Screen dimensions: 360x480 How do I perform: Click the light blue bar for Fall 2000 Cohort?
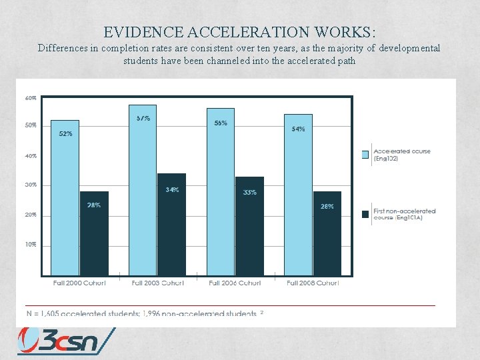[x=65, y=200]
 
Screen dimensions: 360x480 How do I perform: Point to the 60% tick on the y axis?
[x=31, y=98]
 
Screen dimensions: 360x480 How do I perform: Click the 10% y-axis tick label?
[x=31, y=245]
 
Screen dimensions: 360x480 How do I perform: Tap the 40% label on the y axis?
[x=31, y=156]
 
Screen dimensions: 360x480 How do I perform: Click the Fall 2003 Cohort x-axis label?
[x=157, y=283]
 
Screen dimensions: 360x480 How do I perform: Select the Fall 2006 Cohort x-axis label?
[x=235, y=283]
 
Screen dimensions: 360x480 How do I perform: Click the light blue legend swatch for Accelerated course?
[x=365, y=155]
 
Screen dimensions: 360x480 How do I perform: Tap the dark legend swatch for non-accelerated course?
[x=365, y=214]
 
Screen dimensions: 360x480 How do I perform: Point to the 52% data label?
[x=65, y=134]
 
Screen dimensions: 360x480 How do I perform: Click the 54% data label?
[x=298, y=129]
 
